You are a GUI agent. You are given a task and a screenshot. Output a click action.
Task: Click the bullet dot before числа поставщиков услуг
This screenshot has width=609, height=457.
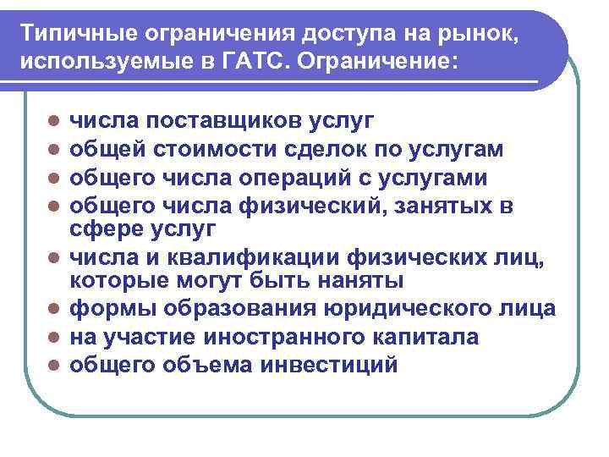pos(52,123)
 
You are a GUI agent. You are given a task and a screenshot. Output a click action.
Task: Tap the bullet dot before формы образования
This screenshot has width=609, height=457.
pos(52,310)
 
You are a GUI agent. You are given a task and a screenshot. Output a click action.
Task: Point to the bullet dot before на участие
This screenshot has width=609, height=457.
pos(52,338)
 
